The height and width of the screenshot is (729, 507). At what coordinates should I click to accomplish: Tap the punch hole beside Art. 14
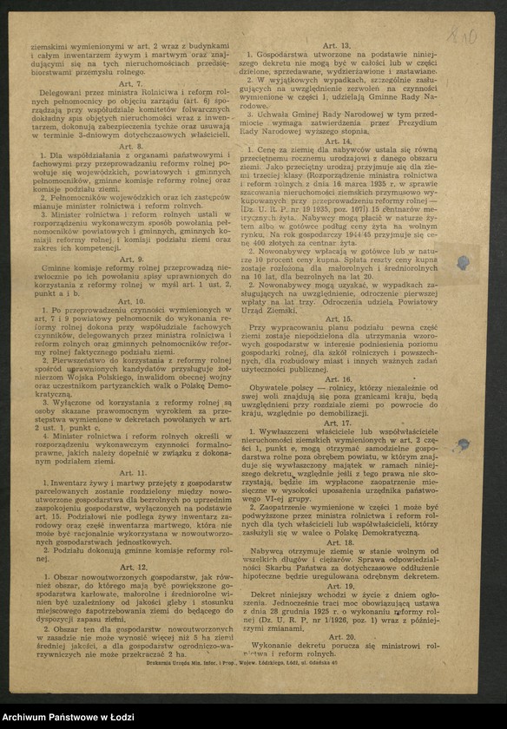464,262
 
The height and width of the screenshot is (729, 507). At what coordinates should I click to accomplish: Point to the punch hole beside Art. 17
464,444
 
